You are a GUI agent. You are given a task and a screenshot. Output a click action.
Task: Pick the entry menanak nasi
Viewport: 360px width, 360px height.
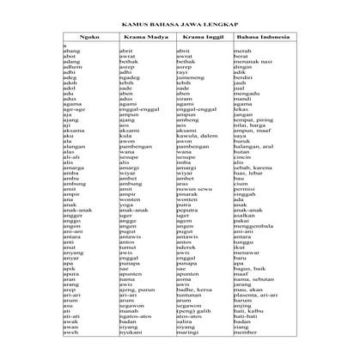253,63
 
